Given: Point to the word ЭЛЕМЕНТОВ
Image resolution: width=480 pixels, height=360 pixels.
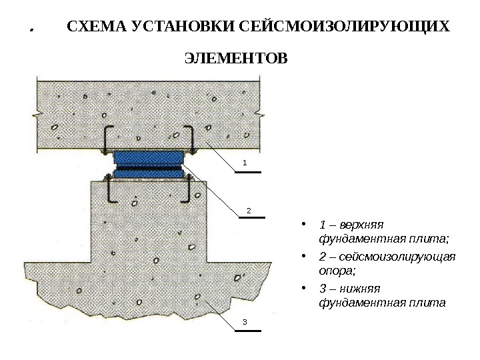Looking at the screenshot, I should pyautogui.click(x=235, y=59).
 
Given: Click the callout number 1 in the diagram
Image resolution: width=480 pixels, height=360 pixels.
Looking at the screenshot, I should pyautogui.click(x=244, y=162).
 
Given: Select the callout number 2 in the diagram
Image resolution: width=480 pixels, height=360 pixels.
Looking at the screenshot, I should pyautogui.click(x=248, y=210).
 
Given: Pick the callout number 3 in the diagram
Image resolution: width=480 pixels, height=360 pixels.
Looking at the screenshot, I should pyautogui.click(x=244, y=323).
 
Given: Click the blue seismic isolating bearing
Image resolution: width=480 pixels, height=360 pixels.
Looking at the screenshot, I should pyautogui.click(x=148, y=164).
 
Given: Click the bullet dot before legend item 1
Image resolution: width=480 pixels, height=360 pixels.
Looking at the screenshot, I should pyautogui.click(x=304, y=224).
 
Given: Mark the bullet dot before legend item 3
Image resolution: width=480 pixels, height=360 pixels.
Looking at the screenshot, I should pyautogui.click(x=304, y=289).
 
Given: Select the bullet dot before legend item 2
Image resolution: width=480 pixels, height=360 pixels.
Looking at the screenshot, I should pyautogui.click(x=304, y=257).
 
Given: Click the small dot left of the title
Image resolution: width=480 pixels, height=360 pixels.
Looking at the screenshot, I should pyautogui.click(x=31, y=31).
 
